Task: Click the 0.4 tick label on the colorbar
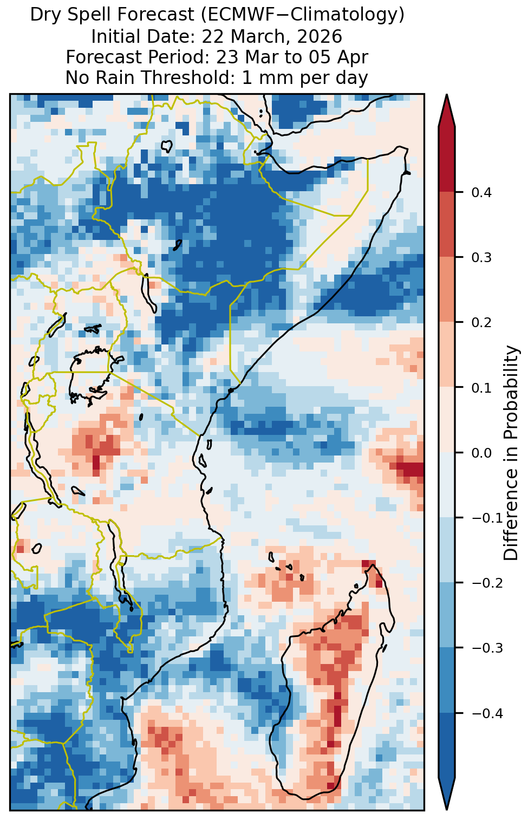[481, 192]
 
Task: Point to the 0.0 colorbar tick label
[481, 453]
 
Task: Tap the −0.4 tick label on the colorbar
[487, 713]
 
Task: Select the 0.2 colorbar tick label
[481, 322]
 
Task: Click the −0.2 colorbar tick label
[487, 583]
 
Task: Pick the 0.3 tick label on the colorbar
[481, 257]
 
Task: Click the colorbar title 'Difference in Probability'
[511, 453]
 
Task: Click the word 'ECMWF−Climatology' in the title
[301, 15]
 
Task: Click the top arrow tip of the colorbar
[446, 95]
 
